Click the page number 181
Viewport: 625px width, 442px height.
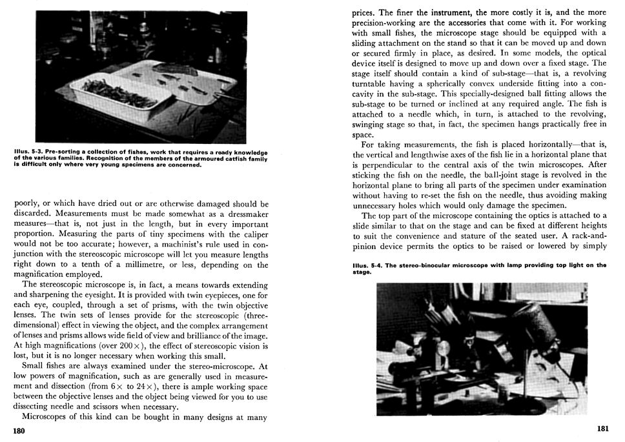[x=602, y=429]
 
